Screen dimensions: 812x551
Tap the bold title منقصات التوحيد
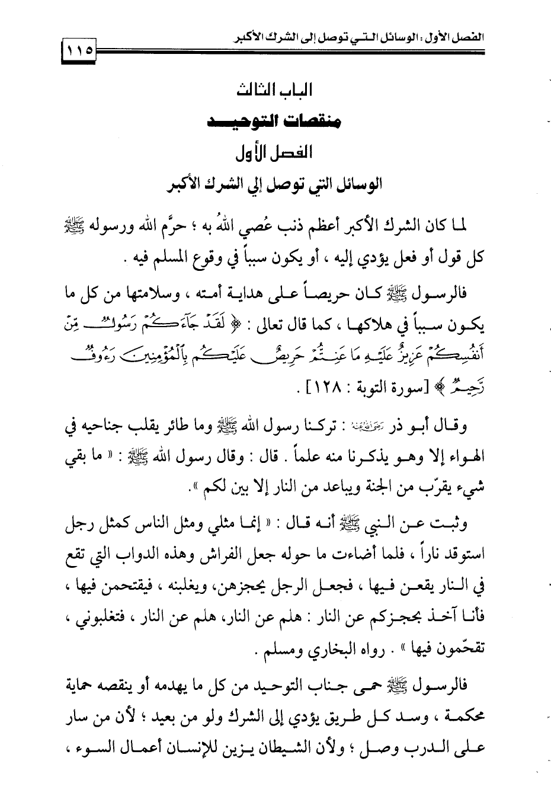pos(274,123)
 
